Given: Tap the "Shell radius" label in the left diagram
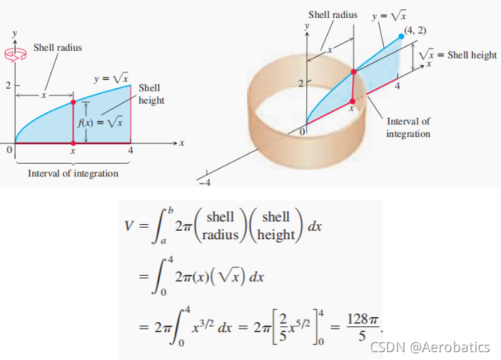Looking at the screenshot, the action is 58,48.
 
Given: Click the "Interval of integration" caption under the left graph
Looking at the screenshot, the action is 73,174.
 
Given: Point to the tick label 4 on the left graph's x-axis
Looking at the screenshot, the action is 131,151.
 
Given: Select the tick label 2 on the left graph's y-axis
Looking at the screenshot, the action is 9,86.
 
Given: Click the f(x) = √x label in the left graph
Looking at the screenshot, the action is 101,121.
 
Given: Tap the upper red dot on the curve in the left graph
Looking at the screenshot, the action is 73,102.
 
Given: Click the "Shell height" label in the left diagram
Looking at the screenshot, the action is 151,94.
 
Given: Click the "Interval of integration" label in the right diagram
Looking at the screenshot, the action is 409,128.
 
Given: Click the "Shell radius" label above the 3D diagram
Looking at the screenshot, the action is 332,14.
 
